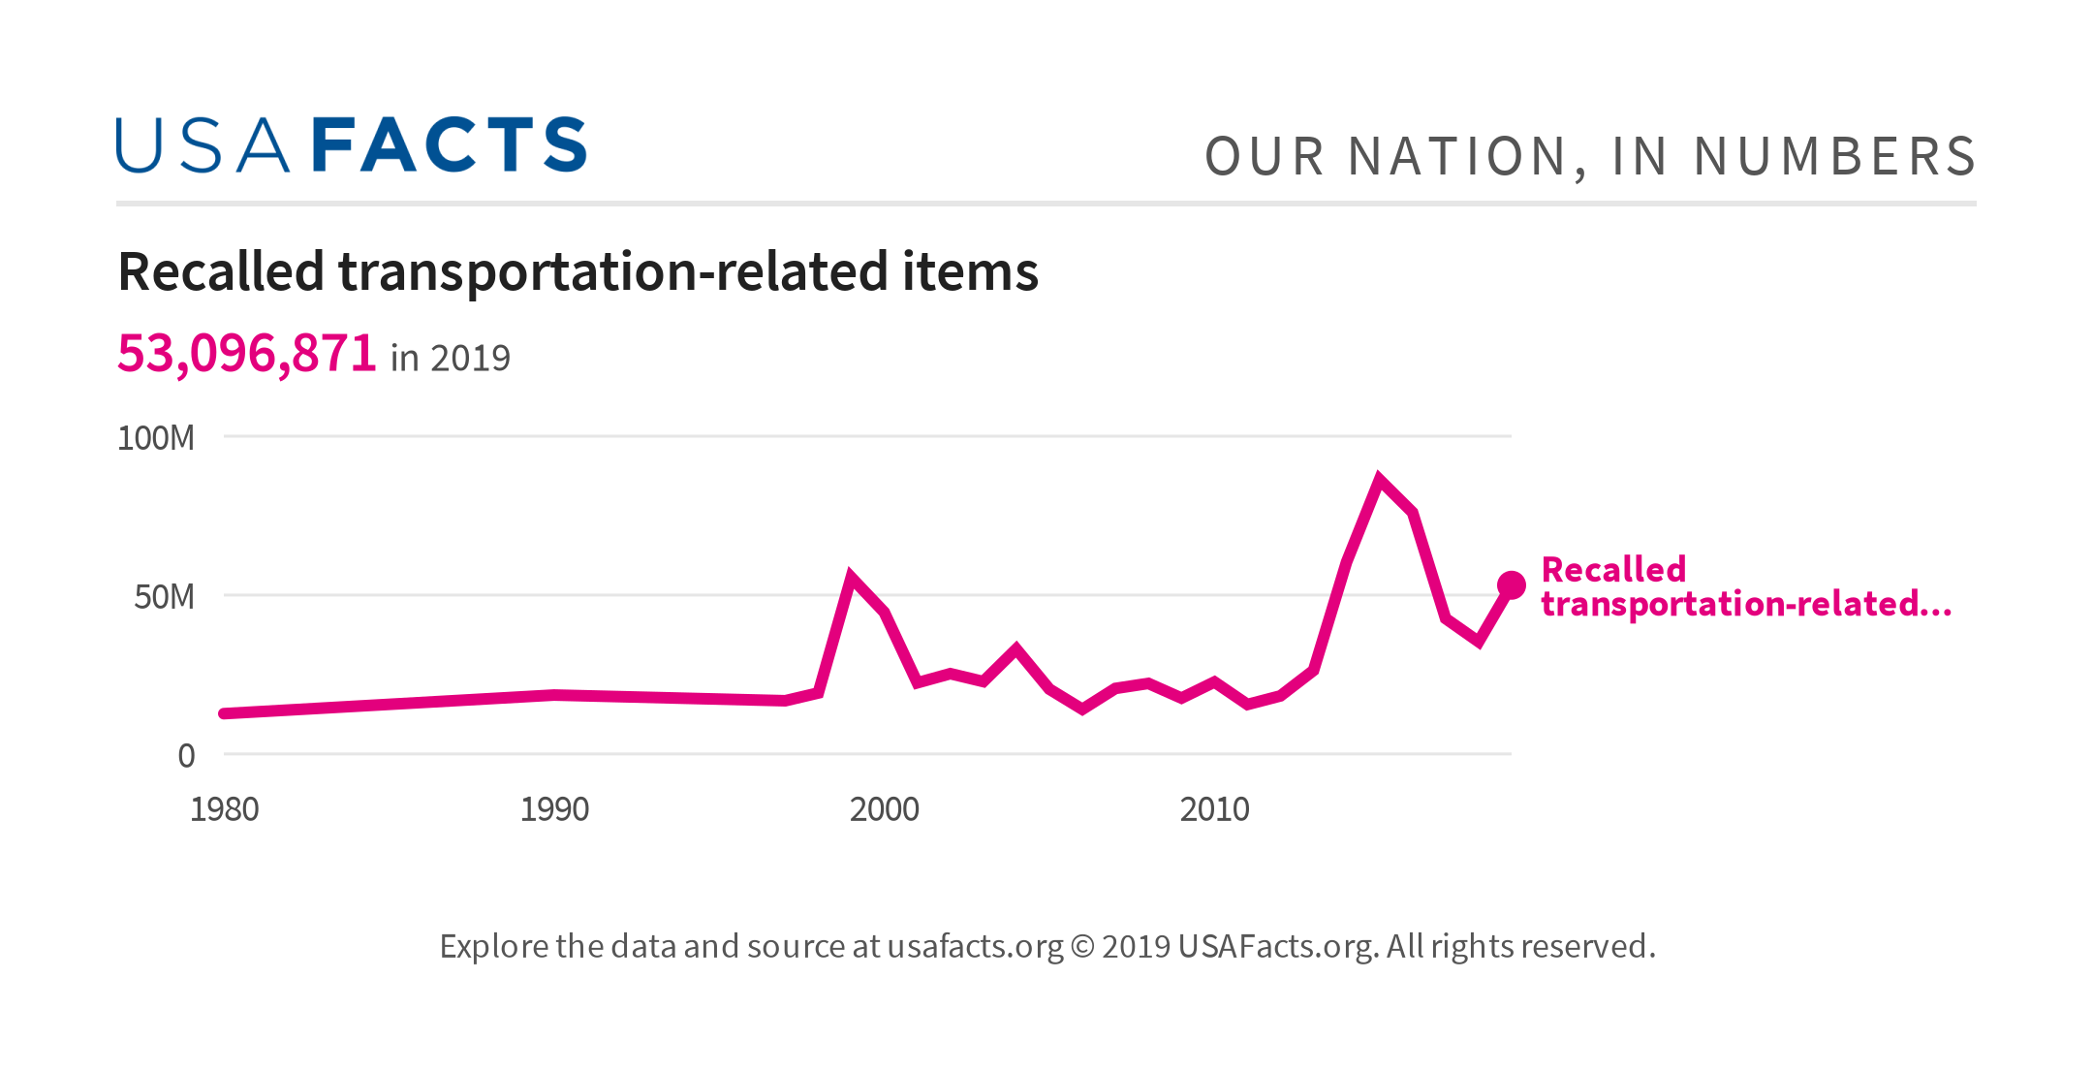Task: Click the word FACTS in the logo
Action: (450, 145)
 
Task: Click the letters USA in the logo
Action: (202, 145)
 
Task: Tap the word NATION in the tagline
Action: (1458, 157)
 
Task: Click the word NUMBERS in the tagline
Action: (1834, 157)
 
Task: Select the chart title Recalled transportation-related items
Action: (578, 271)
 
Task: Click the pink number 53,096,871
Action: (246, 353)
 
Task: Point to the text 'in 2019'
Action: (450, 359)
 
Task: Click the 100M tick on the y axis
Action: (156, 438)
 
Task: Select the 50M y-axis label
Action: (164, 597)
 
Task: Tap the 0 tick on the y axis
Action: (186, 756)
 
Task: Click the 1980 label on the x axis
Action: (224, 809)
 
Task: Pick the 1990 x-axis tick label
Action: (554, 809)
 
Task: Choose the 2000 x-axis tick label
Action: (884, 809)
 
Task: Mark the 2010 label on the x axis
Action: (1214, 809)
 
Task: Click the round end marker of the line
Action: (1511, 585)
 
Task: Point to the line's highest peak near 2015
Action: (1379, 479)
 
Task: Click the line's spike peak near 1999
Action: (851, 578)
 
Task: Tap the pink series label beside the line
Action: (1744, 586)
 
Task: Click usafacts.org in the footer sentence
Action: (975, 946)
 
